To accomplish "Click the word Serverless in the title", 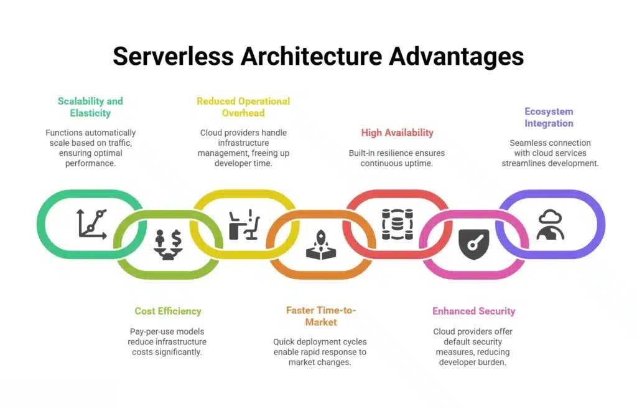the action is point(174,56).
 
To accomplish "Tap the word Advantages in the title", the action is point(456,56).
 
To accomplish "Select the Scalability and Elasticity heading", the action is point(90,107).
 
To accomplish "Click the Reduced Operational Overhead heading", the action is point(243,107).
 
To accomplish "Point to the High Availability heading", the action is point(398,133).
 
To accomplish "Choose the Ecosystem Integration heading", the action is point(549,117).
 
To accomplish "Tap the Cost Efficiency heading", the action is point(168,311).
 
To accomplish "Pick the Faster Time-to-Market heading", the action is point(321,316).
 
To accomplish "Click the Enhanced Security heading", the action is point(473,311).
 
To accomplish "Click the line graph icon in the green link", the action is point(92,224).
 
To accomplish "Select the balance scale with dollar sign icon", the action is point(168,245).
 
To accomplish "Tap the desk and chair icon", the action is point(244,224).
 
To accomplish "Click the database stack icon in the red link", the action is point(398,224).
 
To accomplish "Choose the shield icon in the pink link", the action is point(473,244).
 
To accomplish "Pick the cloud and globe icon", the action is point(551,224).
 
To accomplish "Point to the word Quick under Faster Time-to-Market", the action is point(283,342).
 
